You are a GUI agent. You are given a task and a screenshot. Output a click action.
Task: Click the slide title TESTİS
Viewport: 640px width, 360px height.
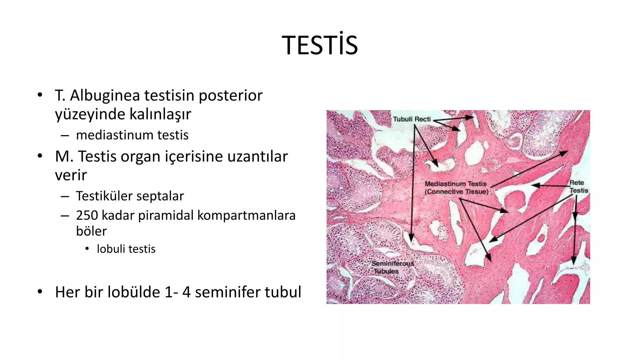(x=320, y=46)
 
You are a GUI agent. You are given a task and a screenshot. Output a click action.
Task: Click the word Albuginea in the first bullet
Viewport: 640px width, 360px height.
(x=105, y=95)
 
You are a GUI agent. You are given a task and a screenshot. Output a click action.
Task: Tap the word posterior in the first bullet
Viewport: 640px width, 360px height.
(x=230, y=95)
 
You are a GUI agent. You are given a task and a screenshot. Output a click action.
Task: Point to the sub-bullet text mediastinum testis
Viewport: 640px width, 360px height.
(x=132, y=135)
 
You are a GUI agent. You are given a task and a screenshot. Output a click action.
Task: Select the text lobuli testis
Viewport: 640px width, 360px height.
(x=126, y=249)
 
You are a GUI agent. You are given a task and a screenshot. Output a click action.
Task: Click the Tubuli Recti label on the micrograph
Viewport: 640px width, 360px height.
(x=412, y=119)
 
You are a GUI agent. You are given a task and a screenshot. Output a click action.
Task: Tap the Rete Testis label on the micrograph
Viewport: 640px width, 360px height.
(x=578, y=187)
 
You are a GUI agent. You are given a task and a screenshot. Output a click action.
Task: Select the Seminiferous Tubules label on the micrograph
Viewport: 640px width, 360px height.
(x=392, y=267)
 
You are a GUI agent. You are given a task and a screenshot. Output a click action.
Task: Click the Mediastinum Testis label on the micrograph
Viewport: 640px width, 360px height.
(x=455, y=184)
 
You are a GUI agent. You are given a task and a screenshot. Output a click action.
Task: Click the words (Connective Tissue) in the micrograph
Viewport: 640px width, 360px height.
(x=456, y=192)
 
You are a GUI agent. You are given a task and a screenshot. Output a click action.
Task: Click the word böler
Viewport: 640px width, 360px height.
(x=91, y=231)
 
